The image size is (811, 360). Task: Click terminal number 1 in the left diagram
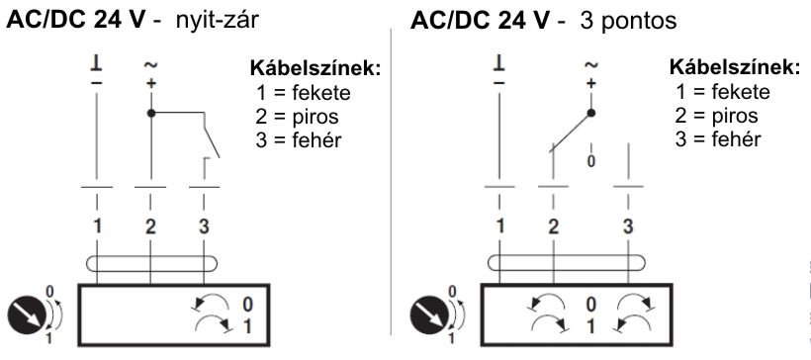click(98, 225)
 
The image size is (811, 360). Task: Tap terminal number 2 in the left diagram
click(150, 225)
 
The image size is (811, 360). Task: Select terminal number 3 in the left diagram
click(203, 225)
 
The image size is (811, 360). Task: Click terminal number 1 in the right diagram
click(499, 225)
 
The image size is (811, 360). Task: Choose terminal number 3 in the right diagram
click(628, 225)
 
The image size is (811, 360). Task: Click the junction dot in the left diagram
click(150, 113)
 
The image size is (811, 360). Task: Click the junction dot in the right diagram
click(591, 113)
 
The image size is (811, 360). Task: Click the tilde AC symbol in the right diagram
click(591, 64)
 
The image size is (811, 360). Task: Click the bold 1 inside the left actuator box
click(247, 325)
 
